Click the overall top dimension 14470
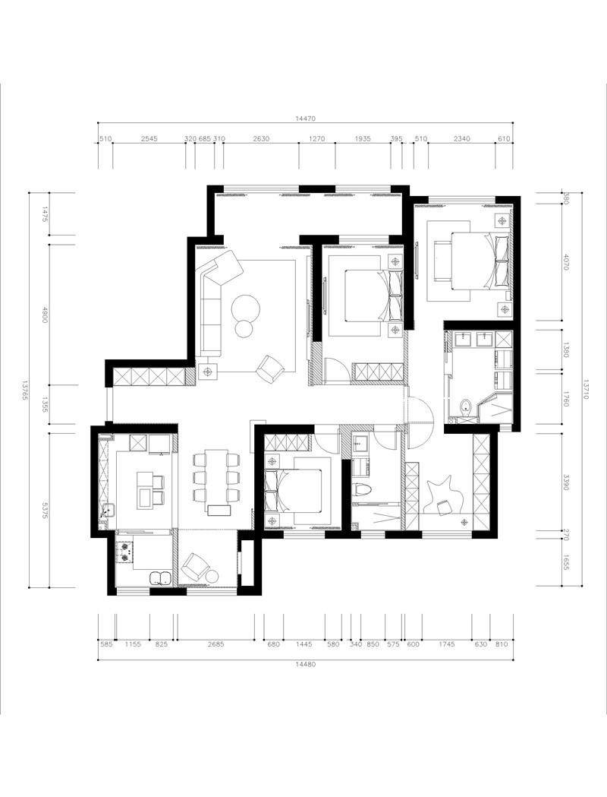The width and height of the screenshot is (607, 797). pos(306,119)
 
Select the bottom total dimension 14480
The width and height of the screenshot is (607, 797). pos(306,664)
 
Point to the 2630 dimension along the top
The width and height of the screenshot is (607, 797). pos(261,139)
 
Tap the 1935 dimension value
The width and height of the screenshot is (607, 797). pos(363,139)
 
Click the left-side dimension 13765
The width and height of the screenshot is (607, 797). pos(24,390)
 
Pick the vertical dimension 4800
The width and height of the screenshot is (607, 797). pos(45,315)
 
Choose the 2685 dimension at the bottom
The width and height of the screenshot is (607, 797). pos(215,644)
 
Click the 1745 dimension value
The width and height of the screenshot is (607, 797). pos(447,644)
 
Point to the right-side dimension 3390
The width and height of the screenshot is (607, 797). pos(566,482)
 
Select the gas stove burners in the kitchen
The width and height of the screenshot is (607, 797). pos(124,553)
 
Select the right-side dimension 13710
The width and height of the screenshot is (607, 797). pos(587,389)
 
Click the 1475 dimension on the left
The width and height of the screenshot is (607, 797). pos(45,213)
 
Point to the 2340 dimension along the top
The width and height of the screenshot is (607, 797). pos(462,139)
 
